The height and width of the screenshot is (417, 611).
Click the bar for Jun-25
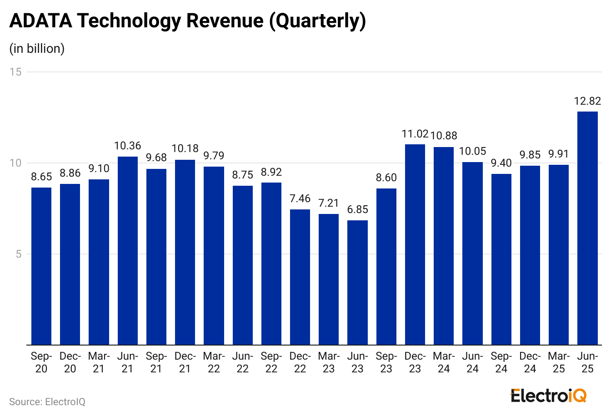(587, 228)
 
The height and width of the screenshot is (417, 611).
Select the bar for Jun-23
(357, 282)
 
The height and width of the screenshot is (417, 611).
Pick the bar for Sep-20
(41, 266)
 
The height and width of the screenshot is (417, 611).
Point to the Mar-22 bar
(214, 255)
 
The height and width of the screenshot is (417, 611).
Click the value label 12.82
(587, 101)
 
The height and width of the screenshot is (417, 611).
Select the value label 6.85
(357, 210)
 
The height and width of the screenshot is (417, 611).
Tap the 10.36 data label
(127, 146)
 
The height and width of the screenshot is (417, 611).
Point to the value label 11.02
(415, 134)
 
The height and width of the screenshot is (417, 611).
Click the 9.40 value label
(501, 163)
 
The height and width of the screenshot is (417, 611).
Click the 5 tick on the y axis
(19, 254)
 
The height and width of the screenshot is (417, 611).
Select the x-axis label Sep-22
(271, 362)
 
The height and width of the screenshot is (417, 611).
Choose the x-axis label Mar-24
(444, 362)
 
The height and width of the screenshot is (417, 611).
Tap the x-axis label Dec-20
(70, 362)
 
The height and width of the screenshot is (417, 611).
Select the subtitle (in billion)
(37, 49)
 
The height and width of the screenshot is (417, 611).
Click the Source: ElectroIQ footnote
(47, 402)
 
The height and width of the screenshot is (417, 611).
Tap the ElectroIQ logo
(548, 395)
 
